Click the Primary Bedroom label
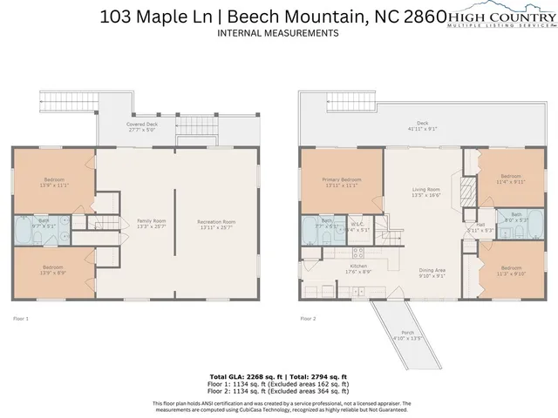[340, 181]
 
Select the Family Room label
[152, 225]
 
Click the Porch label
[408, 334]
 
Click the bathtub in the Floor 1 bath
[21, 233]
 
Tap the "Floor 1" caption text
[20, 319]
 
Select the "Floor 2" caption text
[308, 319]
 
